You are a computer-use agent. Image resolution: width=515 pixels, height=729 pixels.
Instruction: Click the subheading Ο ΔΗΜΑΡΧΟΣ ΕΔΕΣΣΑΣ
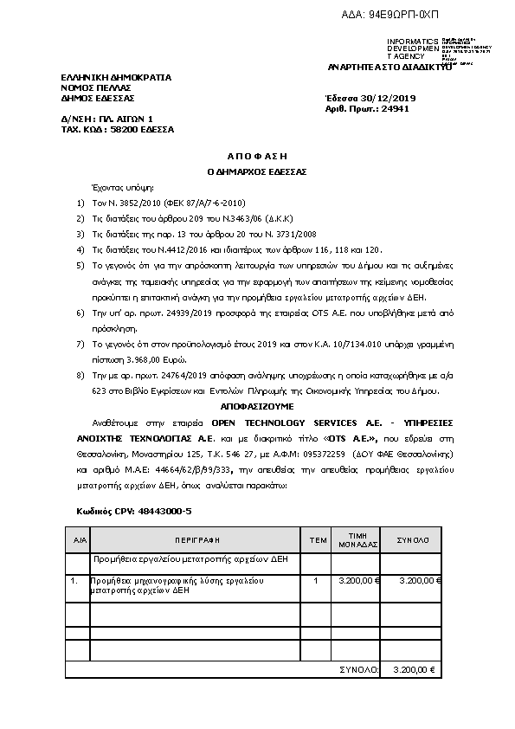257,171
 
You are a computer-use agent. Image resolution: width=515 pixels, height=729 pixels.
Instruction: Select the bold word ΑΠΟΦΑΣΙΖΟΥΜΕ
257,405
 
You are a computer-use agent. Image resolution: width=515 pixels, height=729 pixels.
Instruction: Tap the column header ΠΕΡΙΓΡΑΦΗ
199,539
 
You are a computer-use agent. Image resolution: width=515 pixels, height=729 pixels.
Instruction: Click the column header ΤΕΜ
318,539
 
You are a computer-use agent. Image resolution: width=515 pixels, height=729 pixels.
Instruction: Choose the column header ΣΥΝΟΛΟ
412,539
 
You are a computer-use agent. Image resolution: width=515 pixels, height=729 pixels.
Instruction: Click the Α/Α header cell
79,539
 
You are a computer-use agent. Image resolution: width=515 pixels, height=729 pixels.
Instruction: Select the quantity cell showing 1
316,580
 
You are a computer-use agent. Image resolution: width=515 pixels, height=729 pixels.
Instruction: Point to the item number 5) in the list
80,262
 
